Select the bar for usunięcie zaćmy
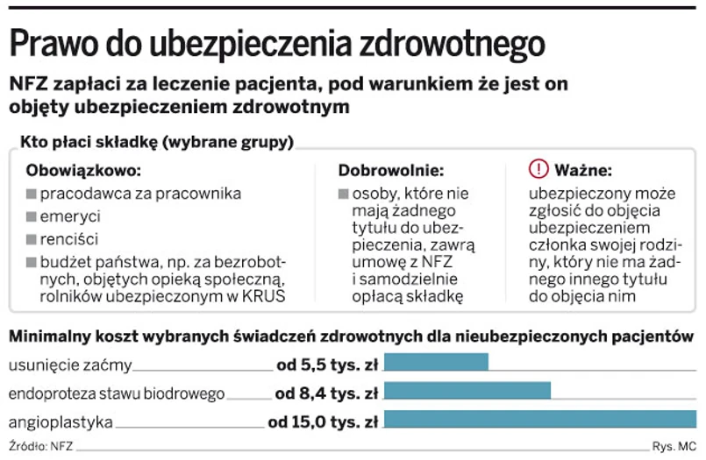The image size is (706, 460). (x=436, y=363)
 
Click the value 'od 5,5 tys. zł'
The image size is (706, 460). (x=326, y=364)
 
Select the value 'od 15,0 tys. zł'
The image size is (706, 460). (x=323, y=422)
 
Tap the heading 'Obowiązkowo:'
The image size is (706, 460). (x=83, y=170)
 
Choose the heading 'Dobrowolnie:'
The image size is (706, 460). (x=391, y=170)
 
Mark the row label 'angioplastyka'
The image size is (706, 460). (x=60, y=422)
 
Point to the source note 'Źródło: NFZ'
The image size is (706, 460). (x=41, y=446)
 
